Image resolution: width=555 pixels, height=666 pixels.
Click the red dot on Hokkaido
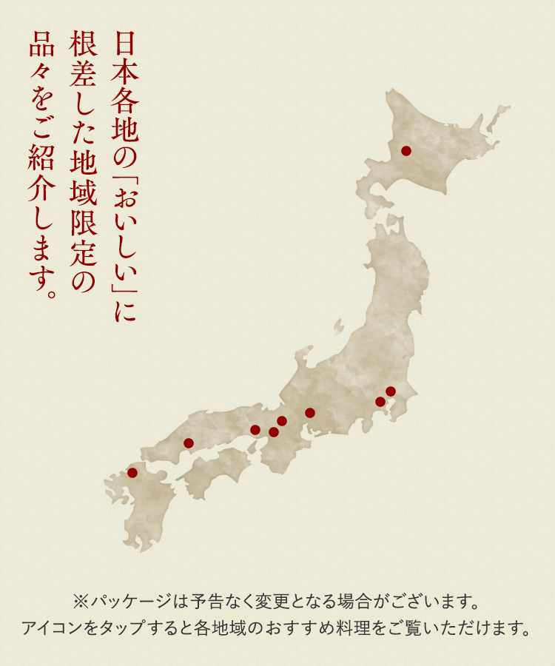pos(406,151)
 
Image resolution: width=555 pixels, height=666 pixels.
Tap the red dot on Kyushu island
pos(132,472)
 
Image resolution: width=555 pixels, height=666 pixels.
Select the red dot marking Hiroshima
pos(189,443)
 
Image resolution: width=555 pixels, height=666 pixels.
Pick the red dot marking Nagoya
pos(309,413)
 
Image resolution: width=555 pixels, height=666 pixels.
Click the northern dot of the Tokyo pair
pos(391,391)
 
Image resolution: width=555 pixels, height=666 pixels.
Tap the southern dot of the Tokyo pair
pos(380,402)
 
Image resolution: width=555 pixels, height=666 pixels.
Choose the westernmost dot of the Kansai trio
pos(255,430)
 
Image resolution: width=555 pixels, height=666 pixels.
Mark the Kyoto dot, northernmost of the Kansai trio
pos(282,421)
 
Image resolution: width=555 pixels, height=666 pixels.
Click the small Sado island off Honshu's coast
pos(338,326)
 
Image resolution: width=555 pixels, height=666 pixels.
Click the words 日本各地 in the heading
pos(125,81)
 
